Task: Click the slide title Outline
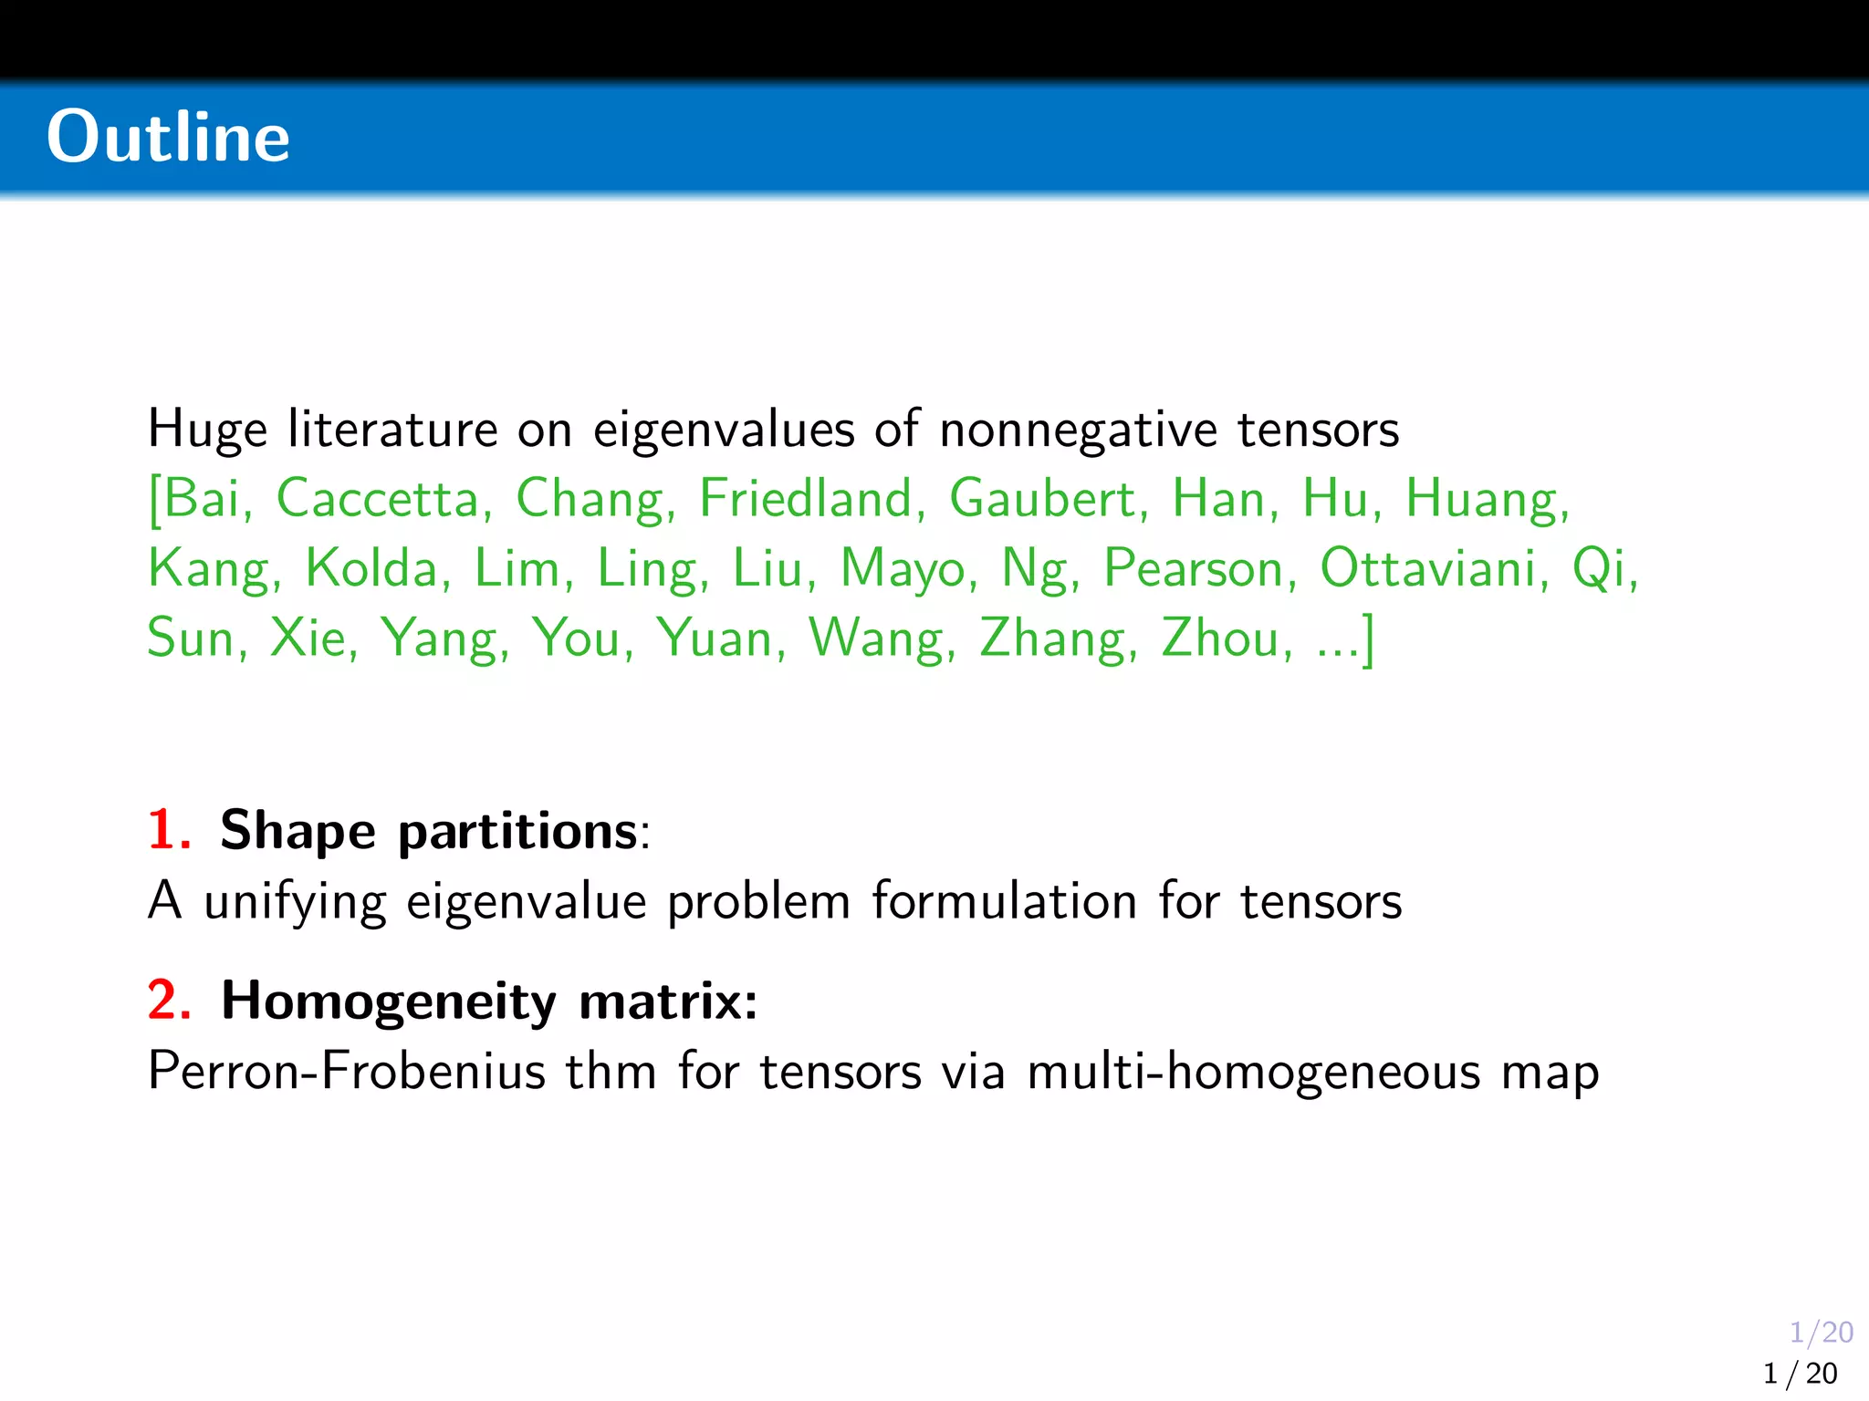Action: point(169,137)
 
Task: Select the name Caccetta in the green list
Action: point(378,499)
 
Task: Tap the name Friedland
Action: point(806,499)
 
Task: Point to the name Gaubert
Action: point(1042,499)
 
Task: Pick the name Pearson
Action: point(1194,570)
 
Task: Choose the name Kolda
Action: point(371,568)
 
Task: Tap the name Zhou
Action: point(1219,638)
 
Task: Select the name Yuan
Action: point(715,638)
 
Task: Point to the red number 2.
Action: point(168,1001)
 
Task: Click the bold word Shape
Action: point(298,832)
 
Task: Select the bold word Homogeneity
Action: point(388,1002)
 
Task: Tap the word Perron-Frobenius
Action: point(347,1071)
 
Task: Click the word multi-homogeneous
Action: point(1253,1071)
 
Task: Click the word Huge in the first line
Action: point(207,430)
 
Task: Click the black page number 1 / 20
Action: point(1800,1374)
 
